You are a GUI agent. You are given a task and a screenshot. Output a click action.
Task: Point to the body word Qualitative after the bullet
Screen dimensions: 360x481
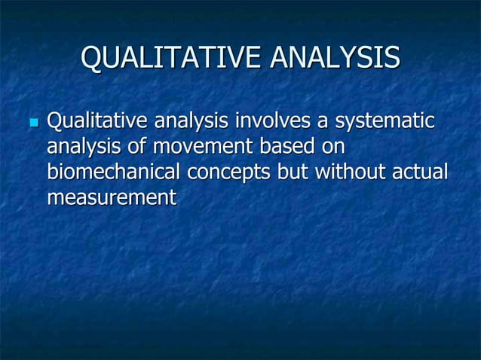[97, 121]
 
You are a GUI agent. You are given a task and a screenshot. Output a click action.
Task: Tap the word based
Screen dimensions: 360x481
[290, 147]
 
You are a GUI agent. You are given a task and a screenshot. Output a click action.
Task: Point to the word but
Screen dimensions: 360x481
[293, 172]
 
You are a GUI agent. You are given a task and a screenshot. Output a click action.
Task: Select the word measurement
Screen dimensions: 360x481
[111, 199]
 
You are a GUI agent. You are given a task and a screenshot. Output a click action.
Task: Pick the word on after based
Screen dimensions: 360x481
[332, 147]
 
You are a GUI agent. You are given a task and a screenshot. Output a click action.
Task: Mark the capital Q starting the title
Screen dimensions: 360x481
[90, 58]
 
